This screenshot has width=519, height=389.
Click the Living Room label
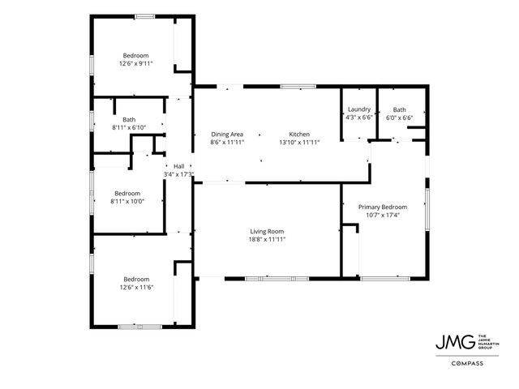tap(267, 231)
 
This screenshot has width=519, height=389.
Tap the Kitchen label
tap(299, 134)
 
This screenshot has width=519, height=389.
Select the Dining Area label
tap(227, 134)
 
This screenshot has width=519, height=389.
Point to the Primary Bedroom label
tap(383, 207)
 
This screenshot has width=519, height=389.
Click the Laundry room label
tap(359, 109)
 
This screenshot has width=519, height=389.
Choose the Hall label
tap(178, 166)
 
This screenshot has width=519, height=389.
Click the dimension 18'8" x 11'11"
tap(267, 239)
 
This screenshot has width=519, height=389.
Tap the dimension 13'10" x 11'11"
tap(299, 142)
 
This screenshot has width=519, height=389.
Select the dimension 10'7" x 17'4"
tap(383, 215)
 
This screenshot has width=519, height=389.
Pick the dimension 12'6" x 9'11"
tap(136, 63)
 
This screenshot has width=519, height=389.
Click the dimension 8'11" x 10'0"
tap(127, 202)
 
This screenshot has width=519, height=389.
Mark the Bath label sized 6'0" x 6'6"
tap(400, 109)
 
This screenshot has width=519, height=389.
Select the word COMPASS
tap(467, 363)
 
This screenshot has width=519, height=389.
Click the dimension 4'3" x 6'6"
tap(359, 118)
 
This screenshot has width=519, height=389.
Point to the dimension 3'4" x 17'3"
tap(178, 173)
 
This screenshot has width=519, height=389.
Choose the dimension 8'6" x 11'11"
tap(227, 142)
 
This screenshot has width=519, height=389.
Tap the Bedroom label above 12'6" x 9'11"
tap(136, 55)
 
